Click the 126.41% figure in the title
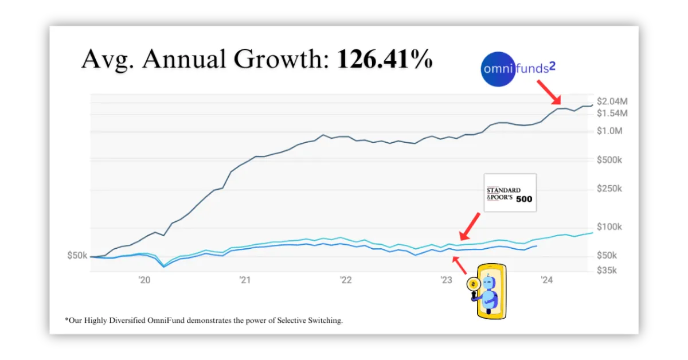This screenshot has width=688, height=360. [x=384, y=59]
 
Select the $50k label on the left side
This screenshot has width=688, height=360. [x=77, y=255]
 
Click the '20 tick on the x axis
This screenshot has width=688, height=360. [x=144, y=280]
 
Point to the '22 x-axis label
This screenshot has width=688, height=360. [x=345, y=280]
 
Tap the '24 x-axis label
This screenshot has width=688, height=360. [x=546, y=280]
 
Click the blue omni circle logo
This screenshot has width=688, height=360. [x=498, y=69]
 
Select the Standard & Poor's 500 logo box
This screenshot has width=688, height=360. [x=510, y=193]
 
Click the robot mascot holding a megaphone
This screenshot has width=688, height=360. [x=488, y=291]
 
